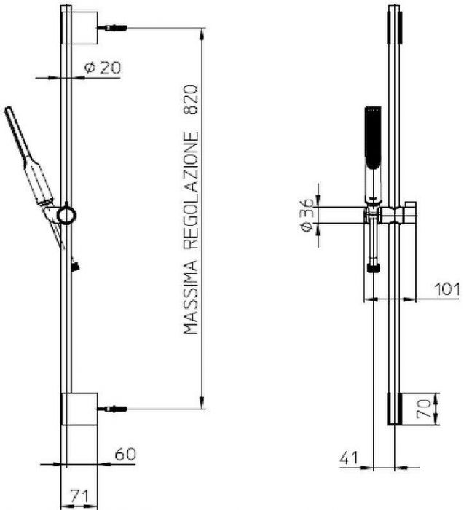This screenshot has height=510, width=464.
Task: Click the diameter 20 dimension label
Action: (103, 68)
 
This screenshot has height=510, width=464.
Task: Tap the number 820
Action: (191, 99)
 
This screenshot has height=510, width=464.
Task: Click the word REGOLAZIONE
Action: (191, 190)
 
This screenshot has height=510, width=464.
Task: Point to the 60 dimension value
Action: (125, 454)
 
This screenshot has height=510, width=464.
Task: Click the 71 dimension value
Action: (79, 496)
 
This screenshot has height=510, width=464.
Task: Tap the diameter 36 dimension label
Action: (307, 215)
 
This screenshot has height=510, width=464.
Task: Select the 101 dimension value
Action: (447, 289)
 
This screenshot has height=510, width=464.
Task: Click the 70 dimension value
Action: (424, 409)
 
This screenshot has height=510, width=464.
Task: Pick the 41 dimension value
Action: (349, 458)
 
